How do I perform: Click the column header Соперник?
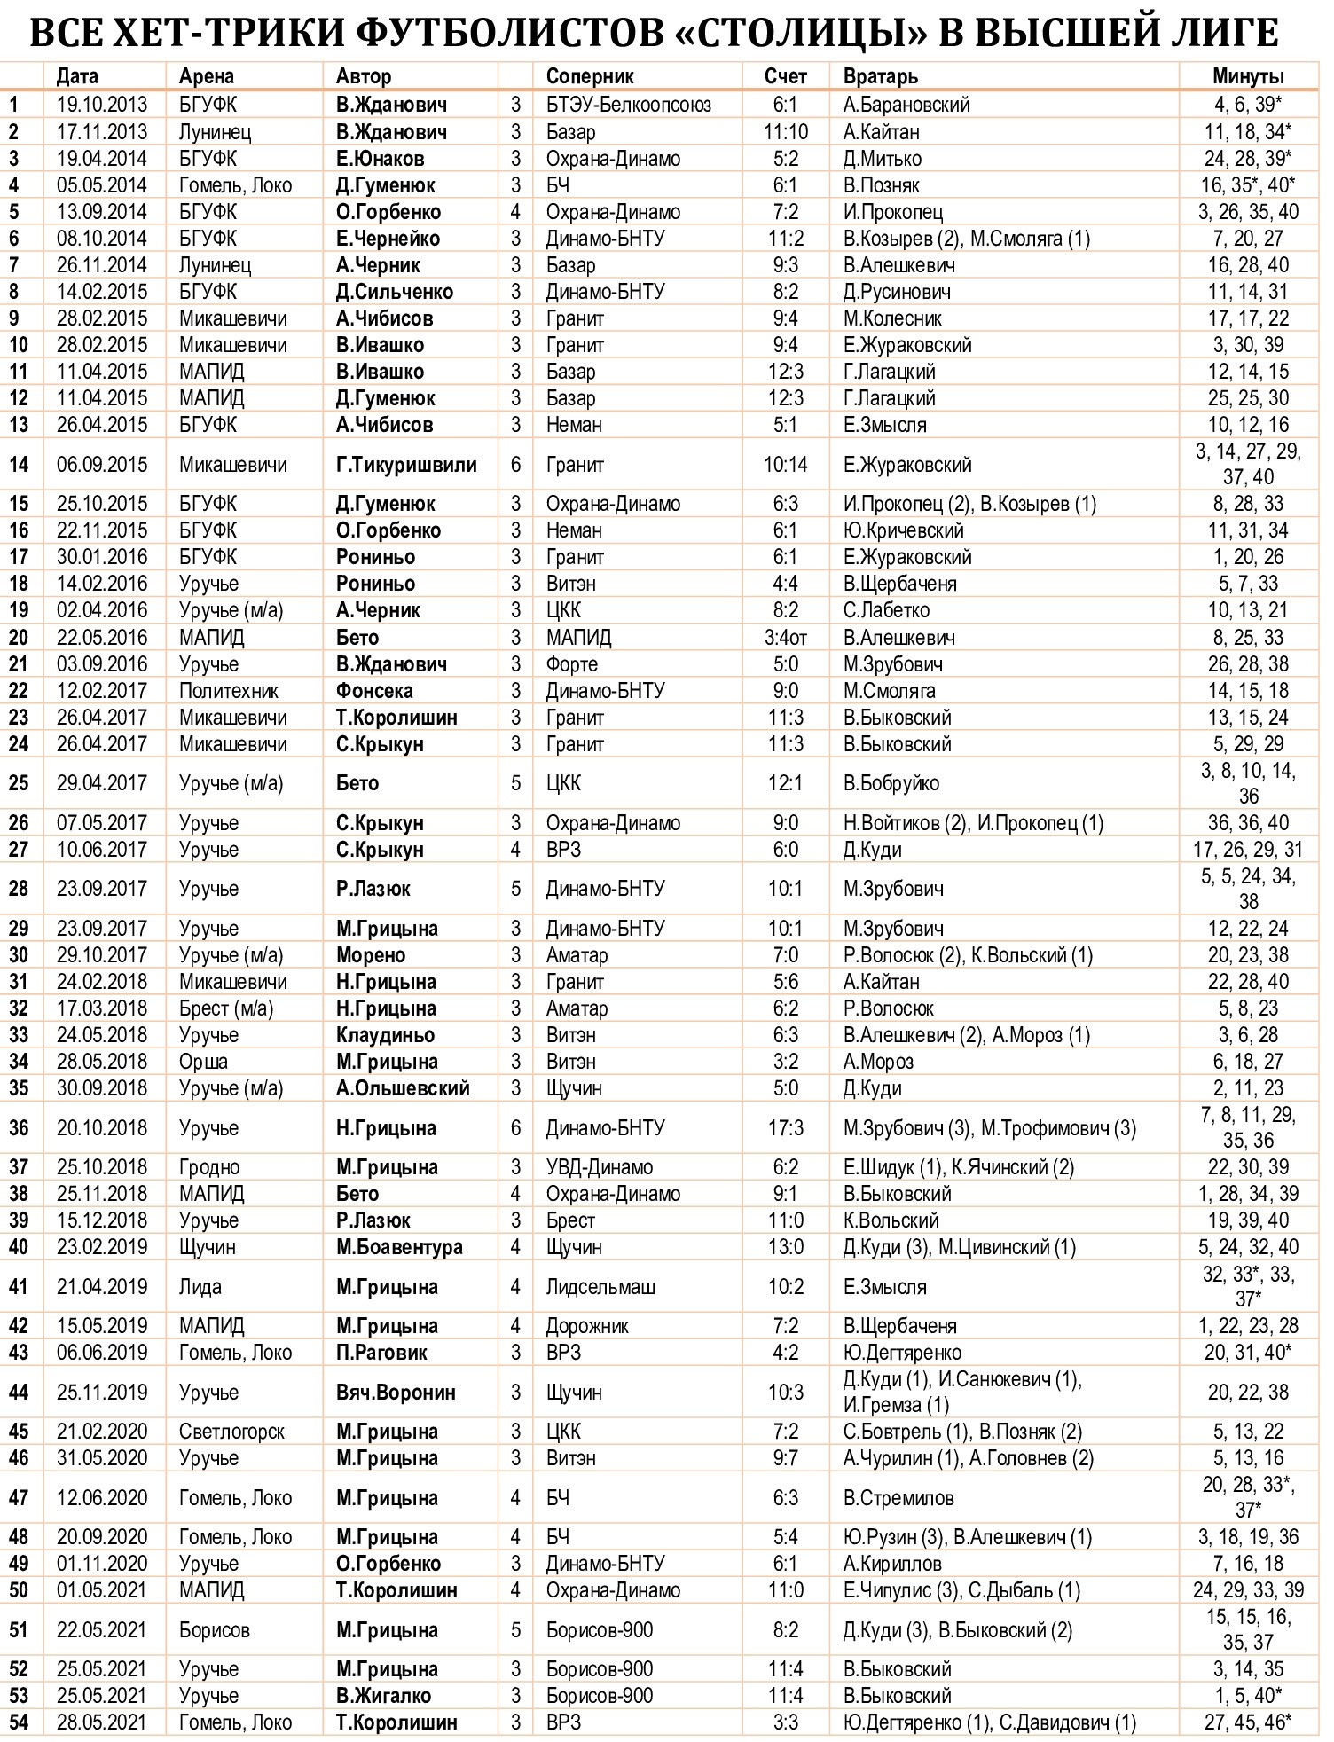click(x=589, y=76)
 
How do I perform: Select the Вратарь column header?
click(x=880, y=76)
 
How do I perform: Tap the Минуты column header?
click(x=1248, y=76)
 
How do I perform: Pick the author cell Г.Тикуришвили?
click(x=406, y=465)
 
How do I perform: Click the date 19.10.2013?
click(x=102, y=105)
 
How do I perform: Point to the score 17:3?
click(x=786, y=1128)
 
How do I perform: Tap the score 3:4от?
click(x=786, y=638)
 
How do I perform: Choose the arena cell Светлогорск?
click(x=231, y=1432)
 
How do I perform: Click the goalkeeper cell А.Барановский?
click(x=906, y=105)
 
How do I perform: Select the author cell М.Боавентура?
click(x=399, y=1247)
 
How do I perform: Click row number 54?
click(x=19, y=1722)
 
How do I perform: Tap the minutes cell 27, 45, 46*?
click(x=1248, y=1722)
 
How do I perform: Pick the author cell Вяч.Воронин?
click(x=396, y=1393)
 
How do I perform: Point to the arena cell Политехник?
click(x=229, y=691)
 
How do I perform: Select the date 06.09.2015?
click(x=102, y=465)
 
